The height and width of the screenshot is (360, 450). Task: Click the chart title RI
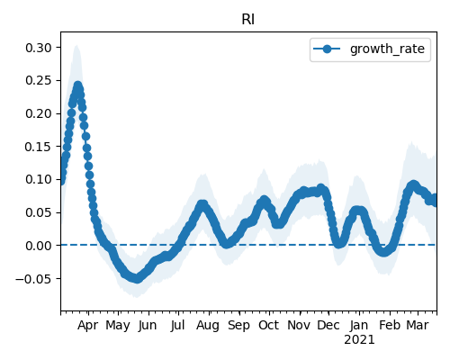[248, 20]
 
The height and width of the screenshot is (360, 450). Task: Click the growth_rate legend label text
[387, 49]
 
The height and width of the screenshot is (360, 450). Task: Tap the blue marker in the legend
[327, 49]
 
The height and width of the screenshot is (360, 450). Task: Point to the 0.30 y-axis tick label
[38, 48]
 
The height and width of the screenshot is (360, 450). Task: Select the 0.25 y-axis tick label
[38, 81]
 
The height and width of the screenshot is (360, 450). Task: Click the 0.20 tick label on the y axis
[38, 113]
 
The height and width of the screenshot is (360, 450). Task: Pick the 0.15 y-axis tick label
[38, 147]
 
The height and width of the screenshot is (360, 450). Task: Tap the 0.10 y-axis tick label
[38, 179]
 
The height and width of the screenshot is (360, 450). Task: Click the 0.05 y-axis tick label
[38, 212]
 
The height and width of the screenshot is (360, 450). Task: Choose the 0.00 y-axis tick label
[38, 246]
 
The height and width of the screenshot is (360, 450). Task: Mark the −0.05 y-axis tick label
[33, 279]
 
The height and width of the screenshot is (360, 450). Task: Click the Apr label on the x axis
[87, 325]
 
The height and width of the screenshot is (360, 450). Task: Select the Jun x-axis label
[148, 325]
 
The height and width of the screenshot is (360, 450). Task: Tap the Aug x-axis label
[208, 325]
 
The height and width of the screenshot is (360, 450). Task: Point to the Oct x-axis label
[269, 325]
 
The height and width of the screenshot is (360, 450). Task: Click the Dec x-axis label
[328, 325]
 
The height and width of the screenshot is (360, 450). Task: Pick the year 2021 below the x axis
[359, 340]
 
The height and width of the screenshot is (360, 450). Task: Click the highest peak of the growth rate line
[78, 85]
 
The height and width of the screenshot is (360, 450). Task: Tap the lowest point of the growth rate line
[137, 279]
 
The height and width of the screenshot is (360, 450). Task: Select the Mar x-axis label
[418, 325]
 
